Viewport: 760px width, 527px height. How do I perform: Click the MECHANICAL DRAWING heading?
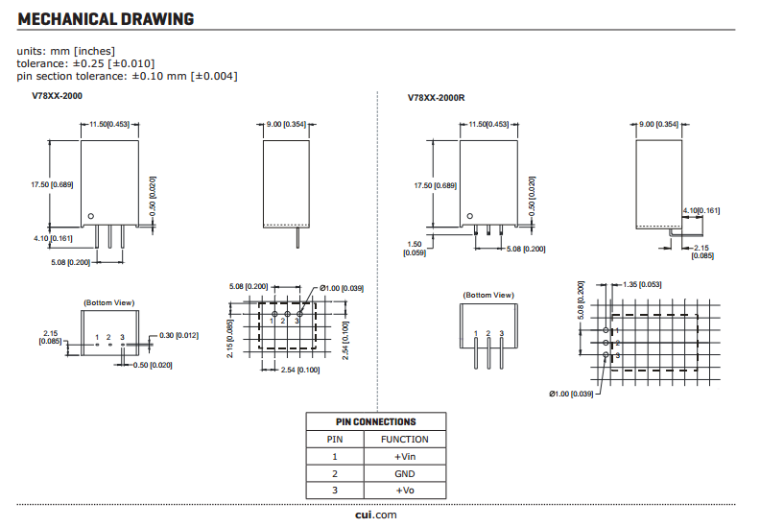tap(106, 19)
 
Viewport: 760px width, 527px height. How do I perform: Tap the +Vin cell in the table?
tap(405, 457)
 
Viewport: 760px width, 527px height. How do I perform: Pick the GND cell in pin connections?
tap(405, 473)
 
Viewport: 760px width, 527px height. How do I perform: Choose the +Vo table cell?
tap(405, 491)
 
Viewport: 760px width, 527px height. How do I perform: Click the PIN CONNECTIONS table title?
tap(375, 421)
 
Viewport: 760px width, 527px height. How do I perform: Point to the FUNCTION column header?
tap(405, 440)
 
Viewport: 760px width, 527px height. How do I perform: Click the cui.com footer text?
tap(375, 515)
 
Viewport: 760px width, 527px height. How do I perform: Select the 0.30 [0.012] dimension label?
tap(178, 334)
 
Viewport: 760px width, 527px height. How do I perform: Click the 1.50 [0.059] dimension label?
tap(416, 249)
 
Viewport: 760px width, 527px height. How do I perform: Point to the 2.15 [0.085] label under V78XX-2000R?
tap(701, 252)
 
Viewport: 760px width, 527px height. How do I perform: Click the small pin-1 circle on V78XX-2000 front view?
tap(91, 216)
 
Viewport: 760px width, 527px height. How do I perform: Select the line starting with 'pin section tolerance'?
tap(127, 76)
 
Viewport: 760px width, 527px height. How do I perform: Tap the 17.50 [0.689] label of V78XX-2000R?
tap(435, 185)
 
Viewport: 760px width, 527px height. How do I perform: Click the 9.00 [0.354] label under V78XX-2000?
tap(286, 125)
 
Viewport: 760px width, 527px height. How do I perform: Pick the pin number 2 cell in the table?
tap(335, 473)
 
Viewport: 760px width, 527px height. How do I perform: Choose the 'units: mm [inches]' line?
tap(66, 51)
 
